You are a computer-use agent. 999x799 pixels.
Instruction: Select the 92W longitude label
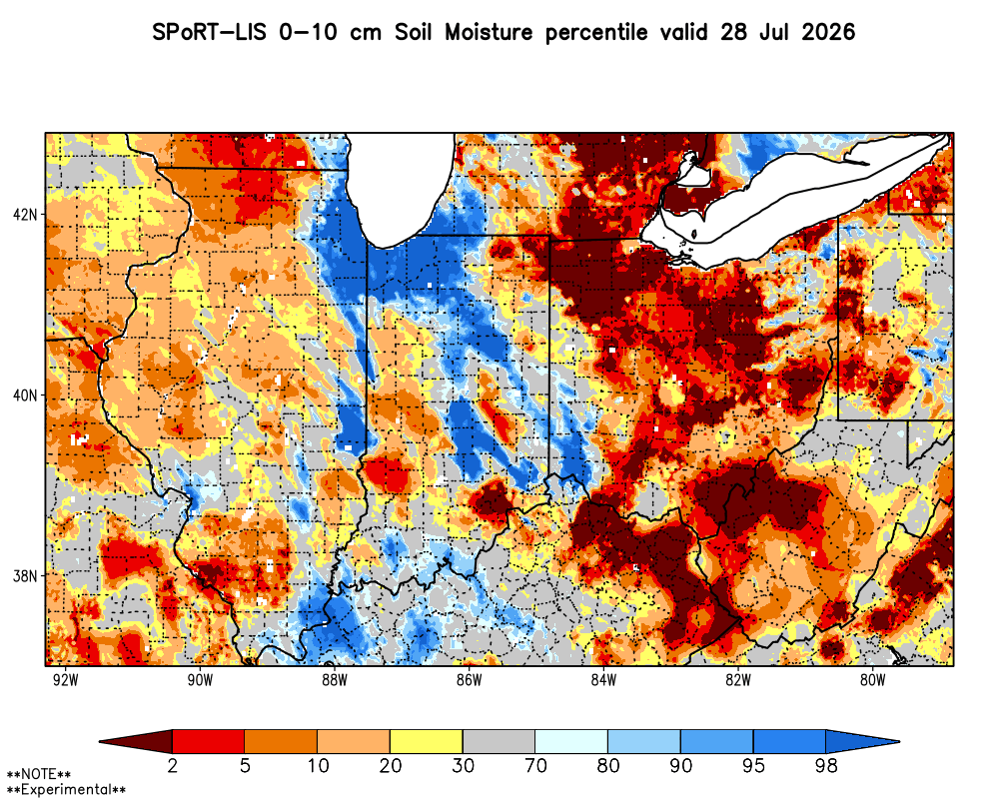[x=66, y=680]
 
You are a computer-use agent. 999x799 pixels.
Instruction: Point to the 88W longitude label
[x=335, y=680]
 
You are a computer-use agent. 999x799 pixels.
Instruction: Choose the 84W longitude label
[x=604, y=680]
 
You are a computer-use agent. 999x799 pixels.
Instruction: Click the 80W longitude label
[x=873, y=680]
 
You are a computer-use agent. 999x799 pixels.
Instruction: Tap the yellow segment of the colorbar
[x=427, y=742]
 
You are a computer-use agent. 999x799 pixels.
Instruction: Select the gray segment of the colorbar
[x=499, y=742]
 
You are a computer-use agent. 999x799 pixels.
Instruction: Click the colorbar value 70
[x=535, y=765]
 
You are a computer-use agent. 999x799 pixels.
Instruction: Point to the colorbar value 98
[x=826, y=765]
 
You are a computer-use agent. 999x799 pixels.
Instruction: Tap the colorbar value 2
[x=173, y=765]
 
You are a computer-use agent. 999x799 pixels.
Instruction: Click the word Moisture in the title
[x=489, y=32]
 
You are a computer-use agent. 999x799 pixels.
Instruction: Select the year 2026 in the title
[x=828, y=32]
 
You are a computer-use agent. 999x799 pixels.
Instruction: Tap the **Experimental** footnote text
[x=66, y=790]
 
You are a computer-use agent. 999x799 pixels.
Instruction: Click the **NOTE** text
[x=39, y=775]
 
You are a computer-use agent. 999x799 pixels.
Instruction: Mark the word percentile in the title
[x=596, y=33]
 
